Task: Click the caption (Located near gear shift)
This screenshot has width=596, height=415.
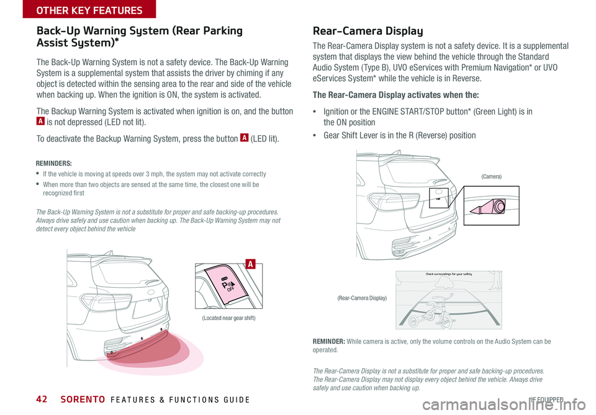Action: [229, 318]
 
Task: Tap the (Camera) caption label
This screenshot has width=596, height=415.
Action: [491, 177]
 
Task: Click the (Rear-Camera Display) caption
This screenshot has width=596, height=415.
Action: [362, 298]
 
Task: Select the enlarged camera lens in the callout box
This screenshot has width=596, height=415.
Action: [494, 206]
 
